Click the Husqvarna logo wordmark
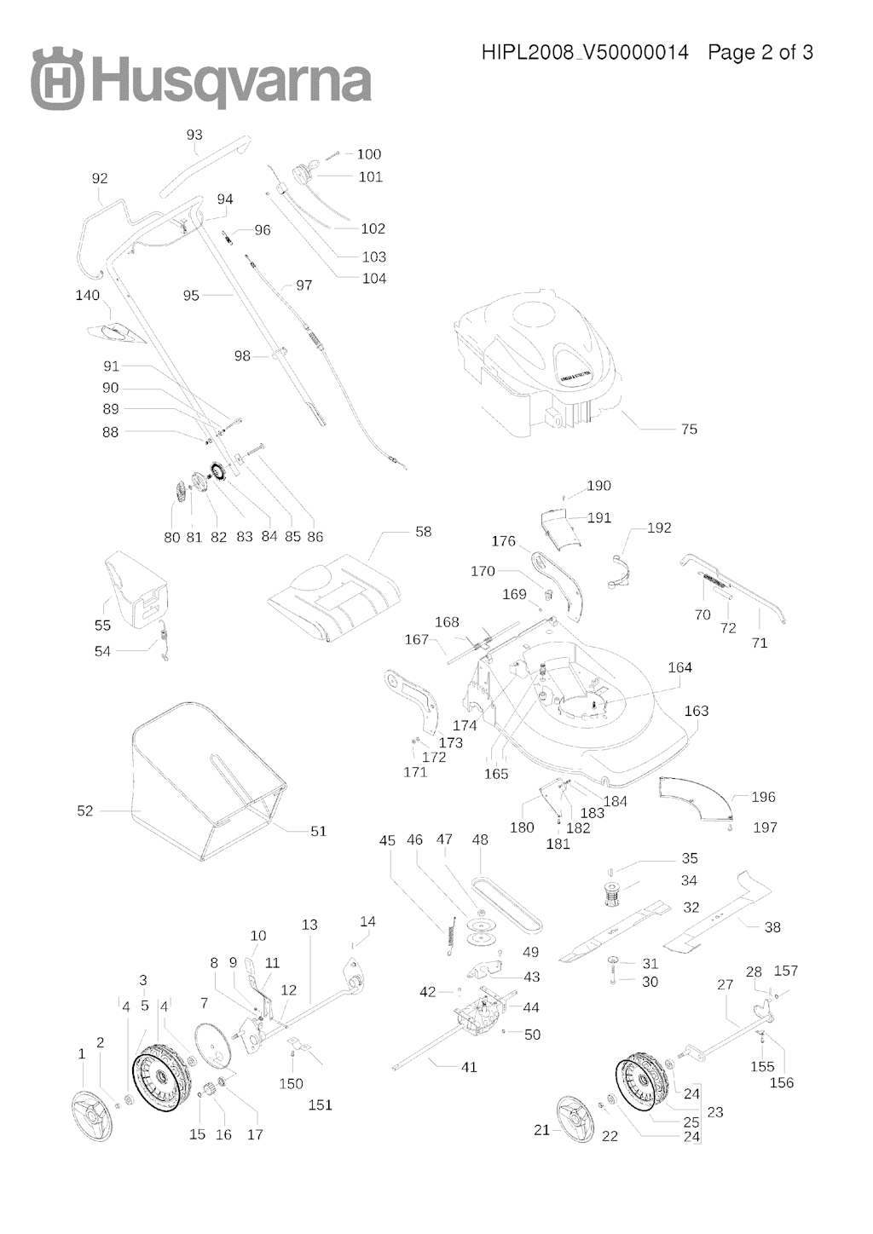click(x=201, y=81)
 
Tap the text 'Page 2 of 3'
click(x=760, y=53)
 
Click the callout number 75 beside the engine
click(x=689, y=430)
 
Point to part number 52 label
click(x=85, y=811)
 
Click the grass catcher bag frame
click(x=209, y=776)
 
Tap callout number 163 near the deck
click(x=697, y=711)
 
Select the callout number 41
click(x=469, y=1067)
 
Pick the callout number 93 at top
click(x=194, y=135)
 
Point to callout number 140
click(x=88, y=296)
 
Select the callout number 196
click(x=763, y=797)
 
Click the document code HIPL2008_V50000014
click(x=585, y=53)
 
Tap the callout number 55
click(x=102, y=626)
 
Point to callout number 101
click(x=370, y=177)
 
